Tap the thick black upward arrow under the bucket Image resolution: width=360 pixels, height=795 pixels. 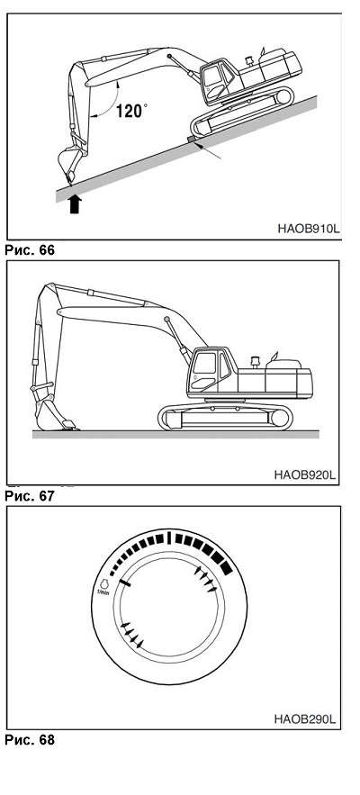[75, 204]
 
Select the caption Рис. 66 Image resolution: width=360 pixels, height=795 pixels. [30, 249]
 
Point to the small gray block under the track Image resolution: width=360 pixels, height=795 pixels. [191, 139]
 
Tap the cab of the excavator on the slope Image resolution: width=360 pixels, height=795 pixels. [217, 82]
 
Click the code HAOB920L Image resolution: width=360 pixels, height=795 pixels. [305, 475]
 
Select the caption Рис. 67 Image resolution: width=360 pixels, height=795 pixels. [30, 496]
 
